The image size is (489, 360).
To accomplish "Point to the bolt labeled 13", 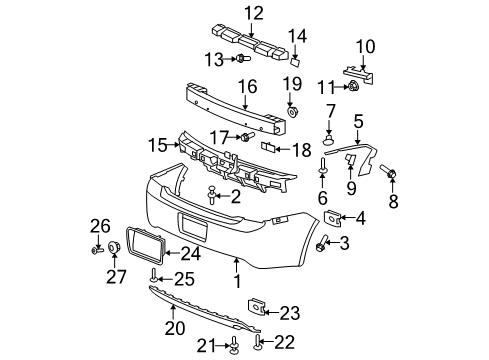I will click(x=243, y=59).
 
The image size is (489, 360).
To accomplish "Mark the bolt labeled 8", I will click(x=391, y=177).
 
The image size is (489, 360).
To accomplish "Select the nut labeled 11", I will click(x=354, y=88).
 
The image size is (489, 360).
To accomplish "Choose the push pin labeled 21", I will click(x=233, y=346).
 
